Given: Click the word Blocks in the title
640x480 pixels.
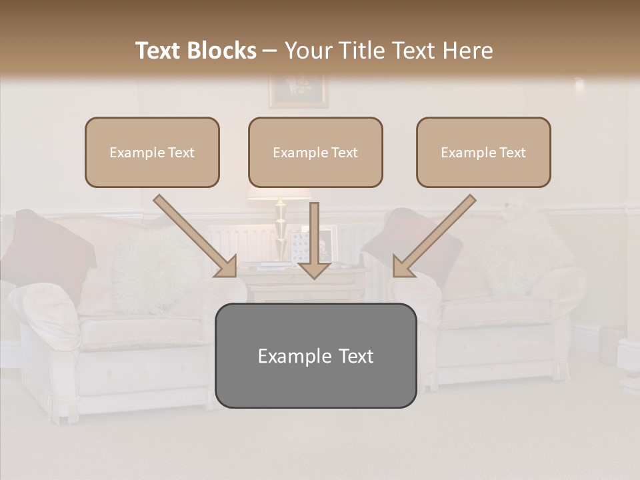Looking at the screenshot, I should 222,51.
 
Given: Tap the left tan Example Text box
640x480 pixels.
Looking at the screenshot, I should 152,152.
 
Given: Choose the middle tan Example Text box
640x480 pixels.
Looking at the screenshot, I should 315,152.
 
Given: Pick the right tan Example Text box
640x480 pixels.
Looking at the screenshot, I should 483,152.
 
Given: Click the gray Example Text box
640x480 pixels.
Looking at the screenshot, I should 315,355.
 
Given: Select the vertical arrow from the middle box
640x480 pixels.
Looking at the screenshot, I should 314,240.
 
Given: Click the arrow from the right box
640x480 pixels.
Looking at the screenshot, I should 433,237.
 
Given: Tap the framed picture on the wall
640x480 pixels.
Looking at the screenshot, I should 298,91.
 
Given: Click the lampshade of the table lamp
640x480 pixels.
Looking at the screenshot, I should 280,191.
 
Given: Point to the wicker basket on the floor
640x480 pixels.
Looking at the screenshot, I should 611,344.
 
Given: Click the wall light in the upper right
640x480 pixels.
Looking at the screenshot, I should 579,85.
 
